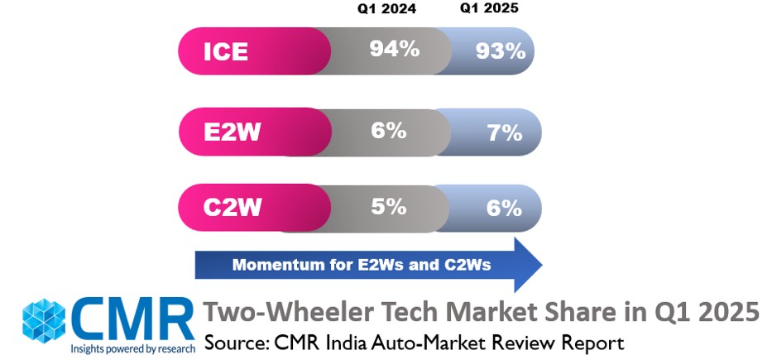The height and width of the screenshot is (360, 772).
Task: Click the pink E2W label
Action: coord(231,131)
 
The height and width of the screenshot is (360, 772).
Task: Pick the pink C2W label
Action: coord(231,206)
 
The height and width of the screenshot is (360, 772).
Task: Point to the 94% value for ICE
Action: coord(394,49)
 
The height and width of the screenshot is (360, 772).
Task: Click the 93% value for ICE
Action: coord(500,51)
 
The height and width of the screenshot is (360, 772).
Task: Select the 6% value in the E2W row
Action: coord(388,129)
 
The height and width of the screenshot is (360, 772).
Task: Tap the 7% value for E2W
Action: coord(504,132)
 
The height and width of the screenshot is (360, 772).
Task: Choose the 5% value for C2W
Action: coord(388,204)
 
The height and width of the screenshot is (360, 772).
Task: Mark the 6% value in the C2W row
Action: coord(504,208)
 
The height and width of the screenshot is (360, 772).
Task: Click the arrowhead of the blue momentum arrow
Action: coord(525,265)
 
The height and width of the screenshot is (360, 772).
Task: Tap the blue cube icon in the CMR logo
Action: coord(46,319)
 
